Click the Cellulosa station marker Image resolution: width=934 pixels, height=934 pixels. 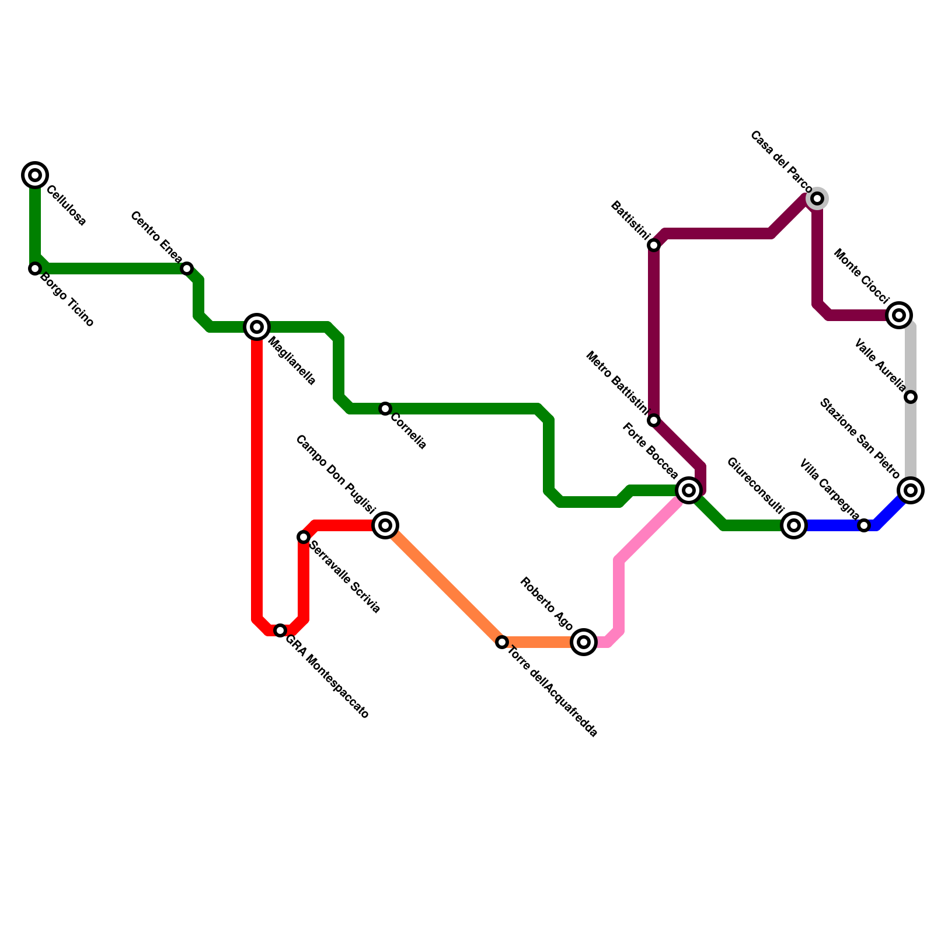pos(35,175)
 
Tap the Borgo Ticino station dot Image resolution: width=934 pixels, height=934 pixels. pos(35,269)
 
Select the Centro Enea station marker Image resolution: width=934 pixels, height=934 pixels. pos(187,269)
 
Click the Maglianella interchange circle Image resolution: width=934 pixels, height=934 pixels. pos(257,327)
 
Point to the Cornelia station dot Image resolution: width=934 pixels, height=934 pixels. pos(385,409)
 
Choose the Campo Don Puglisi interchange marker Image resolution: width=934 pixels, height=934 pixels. pos(385,525)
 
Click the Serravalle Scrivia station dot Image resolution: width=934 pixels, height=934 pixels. pos(304,537)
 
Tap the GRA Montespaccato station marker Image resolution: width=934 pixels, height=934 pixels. pos(280,630)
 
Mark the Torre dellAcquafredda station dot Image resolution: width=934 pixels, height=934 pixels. pos(502,642)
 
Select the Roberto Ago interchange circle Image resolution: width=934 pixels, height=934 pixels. pos(584,642)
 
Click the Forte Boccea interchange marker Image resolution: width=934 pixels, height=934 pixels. pos(689,490)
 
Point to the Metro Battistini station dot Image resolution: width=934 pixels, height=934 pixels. pos(654,420)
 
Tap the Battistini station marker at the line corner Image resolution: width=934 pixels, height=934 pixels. pos(654,245)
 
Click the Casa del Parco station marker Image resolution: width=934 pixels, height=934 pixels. pos(817,198)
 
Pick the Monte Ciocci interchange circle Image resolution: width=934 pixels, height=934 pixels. pos(899,315)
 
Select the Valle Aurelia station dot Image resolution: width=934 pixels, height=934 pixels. pos(911,397)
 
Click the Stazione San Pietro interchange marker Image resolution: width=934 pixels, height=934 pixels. pos(911,490)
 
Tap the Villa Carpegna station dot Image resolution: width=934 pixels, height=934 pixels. pos(864,525)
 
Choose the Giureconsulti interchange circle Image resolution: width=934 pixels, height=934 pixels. pos(794,525)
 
